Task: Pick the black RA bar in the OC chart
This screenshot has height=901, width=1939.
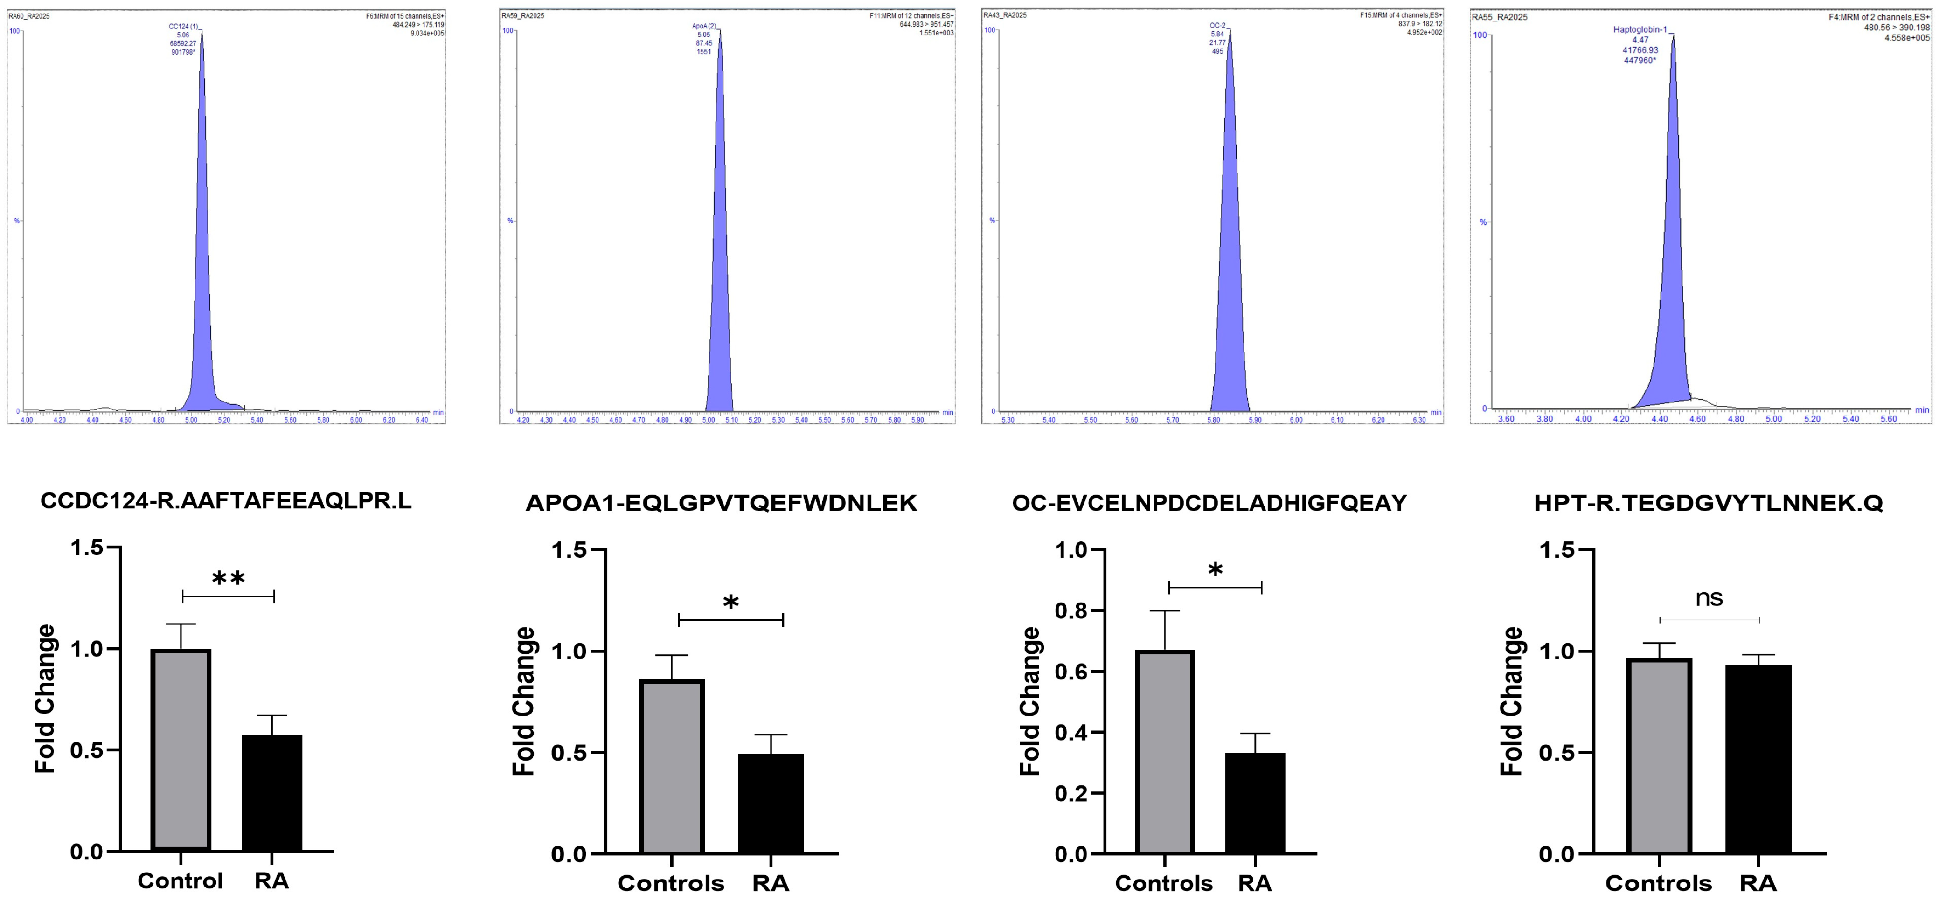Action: click(1255, 803)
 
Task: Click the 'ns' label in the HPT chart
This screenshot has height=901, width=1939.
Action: click(1709, 598)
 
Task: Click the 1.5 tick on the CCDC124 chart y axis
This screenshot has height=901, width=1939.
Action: click(87, 548)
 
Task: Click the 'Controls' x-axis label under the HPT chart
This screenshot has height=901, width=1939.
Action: click(1658, 883)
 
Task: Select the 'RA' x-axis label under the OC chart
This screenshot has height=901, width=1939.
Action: click(1255, 883)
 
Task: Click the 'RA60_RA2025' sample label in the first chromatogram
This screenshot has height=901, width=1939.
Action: click(28, 16)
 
